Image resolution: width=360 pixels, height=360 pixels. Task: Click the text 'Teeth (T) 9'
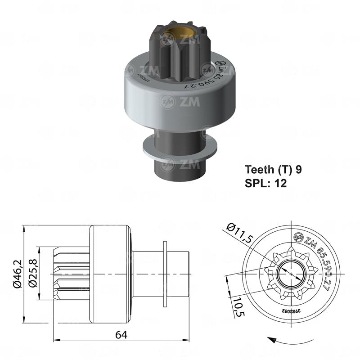click(x=273, y=170)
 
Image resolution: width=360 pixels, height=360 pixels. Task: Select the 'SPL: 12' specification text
click(x=265, y=183)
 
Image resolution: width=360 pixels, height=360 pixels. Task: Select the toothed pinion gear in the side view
click(x=72, y=274)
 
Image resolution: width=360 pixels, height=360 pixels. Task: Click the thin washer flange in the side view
click(x=165, y=274)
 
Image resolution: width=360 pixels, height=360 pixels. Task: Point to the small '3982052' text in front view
click(x=291, y=311)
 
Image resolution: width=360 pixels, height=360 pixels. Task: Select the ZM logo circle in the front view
click(x=298, y=237)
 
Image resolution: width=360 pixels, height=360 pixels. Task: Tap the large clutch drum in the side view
click(x=111, y=274)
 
